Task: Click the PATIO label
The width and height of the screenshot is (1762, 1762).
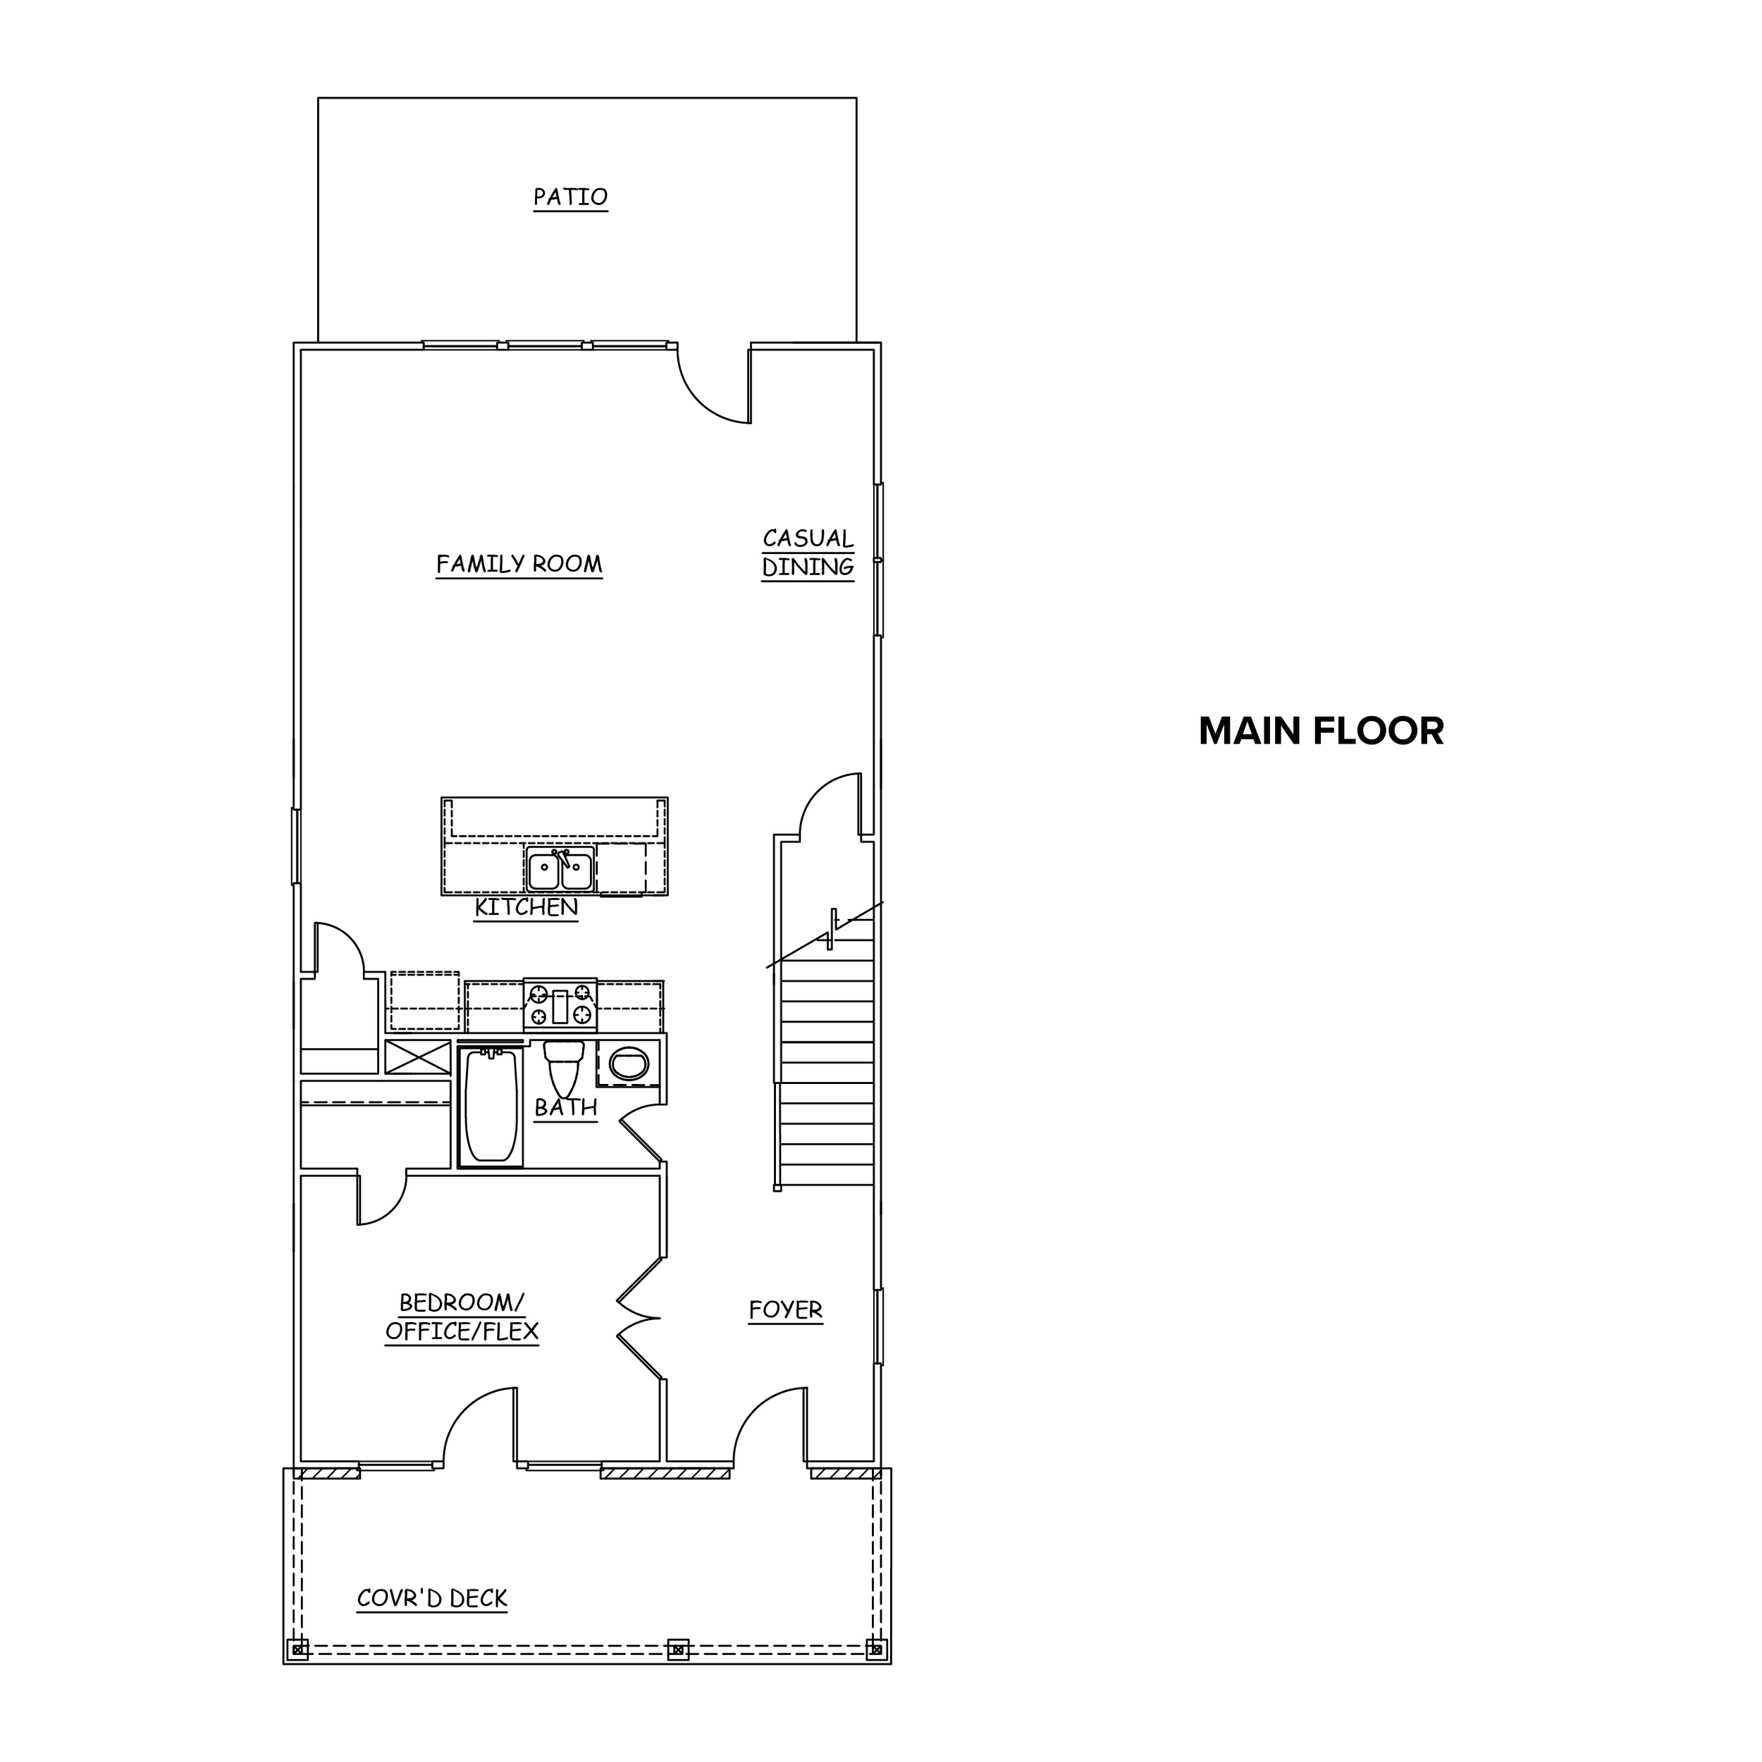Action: (570, 197)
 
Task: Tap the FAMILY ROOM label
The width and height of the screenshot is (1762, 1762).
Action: (519, 565)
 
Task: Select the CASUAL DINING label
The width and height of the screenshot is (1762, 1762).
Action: (808, 553)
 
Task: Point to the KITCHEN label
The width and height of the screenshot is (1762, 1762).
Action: (526, 908)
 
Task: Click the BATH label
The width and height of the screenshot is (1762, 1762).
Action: (565, 1108)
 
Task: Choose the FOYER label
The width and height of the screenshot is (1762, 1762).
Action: (785, 1310)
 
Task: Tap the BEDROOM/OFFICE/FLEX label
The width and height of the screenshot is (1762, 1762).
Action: (462, 1317)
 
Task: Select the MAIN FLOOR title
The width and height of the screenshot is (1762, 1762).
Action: (1321, 732)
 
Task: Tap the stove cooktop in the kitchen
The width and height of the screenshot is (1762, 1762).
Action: (560, 1006)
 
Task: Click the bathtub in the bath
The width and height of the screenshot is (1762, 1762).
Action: (491, 1105)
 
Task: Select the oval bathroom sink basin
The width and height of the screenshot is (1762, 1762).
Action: (629, 1064)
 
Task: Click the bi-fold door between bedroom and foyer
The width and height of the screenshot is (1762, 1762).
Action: (640, 1318)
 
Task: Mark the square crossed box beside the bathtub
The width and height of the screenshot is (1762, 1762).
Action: (418, 1056)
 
